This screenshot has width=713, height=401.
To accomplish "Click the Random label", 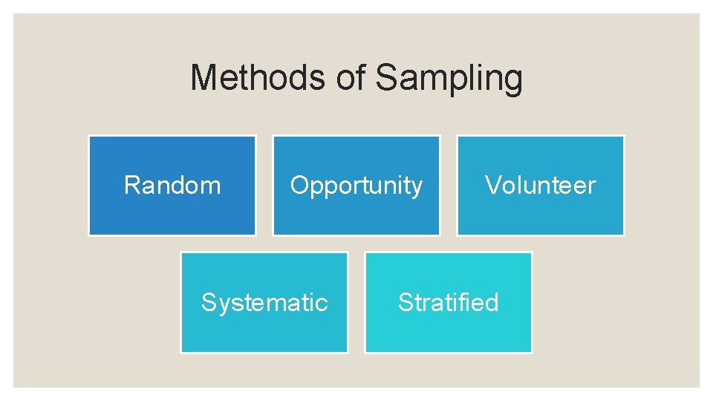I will tap(172, 185).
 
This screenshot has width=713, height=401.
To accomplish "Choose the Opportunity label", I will tap(356, 186).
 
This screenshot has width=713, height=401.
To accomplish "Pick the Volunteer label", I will tap(541, 185).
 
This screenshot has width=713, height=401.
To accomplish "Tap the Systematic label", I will tap(264, 302).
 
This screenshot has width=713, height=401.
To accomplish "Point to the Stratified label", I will tap(449, 302).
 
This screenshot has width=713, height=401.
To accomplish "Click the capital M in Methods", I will tap(204, 78).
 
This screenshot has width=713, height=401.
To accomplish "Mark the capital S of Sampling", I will tap(386, 78).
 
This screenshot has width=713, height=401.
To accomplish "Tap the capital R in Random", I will tap(131, 185).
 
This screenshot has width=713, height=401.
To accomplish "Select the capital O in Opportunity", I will tap(299, 185).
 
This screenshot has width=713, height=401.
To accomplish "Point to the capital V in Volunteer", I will tap(493, 185).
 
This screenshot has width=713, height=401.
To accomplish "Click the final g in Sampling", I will tap(513, 81).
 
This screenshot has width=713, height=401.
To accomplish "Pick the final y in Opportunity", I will tap(417, 188).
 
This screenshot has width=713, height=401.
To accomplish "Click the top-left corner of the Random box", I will tap(89, 136).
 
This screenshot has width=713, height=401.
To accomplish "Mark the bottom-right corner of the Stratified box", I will tap(531, 352).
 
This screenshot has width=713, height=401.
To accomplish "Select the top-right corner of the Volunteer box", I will tap(623, 136).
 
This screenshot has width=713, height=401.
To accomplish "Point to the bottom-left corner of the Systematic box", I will tap(181, 352).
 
